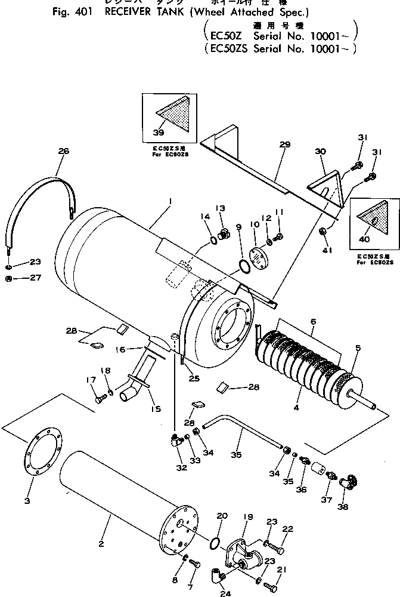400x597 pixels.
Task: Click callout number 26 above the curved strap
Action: click(x=64, y=152)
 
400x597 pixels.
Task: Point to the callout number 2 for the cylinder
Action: click(x=101, y=544)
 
